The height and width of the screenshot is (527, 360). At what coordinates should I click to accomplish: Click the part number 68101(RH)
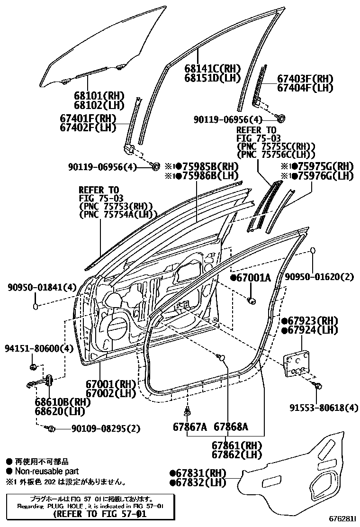coord(99,95)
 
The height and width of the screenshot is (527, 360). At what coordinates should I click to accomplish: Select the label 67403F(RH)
coord(305,79)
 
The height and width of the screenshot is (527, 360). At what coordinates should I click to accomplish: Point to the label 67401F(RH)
coord(88,118)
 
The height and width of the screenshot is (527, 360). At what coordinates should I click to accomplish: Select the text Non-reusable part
coord(46,472)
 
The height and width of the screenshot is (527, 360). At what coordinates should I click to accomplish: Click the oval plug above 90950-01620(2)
coord(313,251)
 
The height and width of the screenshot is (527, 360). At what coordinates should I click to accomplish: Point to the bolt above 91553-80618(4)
coord(317,385)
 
